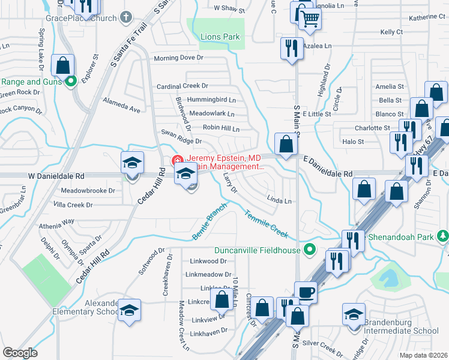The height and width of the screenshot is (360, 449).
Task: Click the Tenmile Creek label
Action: pyautogui.click(x=266, y=223)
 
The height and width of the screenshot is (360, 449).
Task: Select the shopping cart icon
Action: pyautogui.click(x=310, y=18)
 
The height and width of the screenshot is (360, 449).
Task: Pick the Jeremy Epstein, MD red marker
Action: pyautogui.click(x=178, y=160)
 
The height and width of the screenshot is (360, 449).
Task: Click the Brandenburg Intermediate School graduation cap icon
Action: pyautogui.click(x=354, y=314)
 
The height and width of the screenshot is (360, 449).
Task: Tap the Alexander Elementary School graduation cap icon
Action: pyautogui.click(x=129, y=310)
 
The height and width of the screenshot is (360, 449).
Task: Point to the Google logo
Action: pyautogui.click(x=20, y=353)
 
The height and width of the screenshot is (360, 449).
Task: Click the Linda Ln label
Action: pyautogui.click(x=279, y=201)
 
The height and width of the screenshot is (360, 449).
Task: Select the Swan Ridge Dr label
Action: pyautogui.click(x=181, y=141)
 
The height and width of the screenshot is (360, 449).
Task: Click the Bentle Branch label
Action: pyautogui.click(x=209, y=222)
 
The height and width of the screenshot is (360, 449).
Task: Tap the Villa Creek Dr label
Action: pyautogui.click(x=73, y=205)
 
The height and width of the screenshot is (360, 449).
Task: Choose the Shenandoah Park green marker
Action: pyautogui.click(x=443, y=237)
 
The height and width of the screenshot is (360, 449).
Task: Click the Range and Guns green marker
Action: pyautogui.click(x=71, y=82)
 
